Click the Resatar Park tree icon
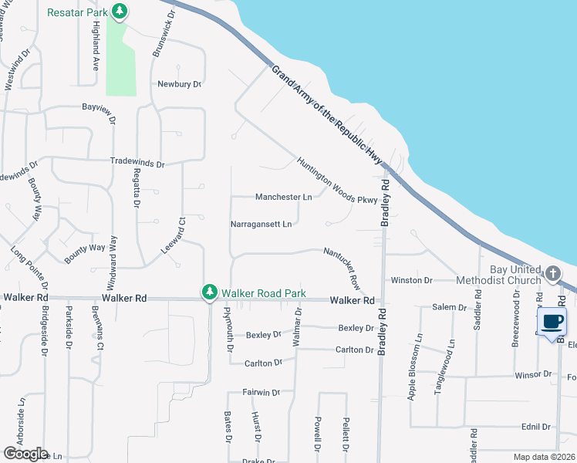point(120,12)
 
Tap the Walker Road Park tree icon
point(209,292)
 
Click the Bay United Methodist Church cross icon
point(552,273)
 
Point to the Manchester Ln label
point(283,197)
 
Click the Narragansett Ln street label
point(262,224)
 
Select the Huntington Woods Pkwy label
point(337,181)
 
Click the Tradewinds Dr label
point(137,164)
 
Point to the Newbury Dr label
point(179,84)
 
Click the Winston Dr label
point(412,280)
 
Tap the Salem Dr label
point(450,307)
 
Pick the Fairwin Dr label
point(262,393)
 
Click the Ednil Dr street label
point(535,427)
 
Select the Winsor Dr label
point(533,374)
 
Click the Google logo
point(25,454)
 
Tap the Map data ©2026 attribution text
point(544,457)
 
